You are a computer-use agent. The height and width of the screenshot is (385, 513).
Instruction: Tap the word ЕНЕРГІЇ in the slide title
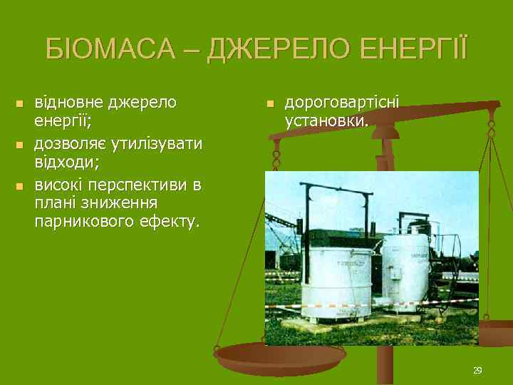point(414,48)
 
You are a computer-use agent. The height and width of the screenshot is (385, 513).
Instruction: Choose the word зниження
point(115,204)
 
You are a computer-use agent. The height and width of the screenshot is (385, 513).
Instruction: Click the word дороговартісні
point(342,103)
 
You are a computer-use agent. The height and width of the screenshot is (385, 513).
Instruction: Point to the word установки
point(326,120)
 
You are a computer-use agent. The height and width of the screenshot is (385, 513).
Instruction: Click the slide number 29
point(477,370)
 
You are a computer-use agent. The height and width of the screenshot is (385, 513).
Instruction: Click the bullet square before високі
point(20,187)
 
